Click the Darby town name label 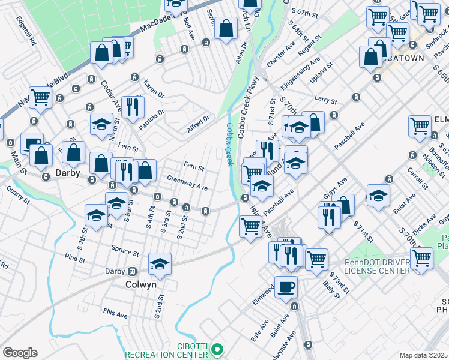(68, 172)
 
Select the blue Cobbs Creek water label (229, 144)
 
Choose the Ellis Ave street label (115, 314)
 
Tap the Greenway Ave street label (187, 183)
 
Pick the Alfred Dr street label (197, 123)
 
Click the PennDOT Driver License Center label (378, 266)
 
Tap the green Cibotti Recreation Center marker (219, 348)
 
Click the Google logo (19, 353)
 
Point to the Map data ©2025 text (423, 355)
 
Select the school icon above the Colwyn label (160, 263)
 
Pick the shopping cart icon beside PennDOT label (421, 258)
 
